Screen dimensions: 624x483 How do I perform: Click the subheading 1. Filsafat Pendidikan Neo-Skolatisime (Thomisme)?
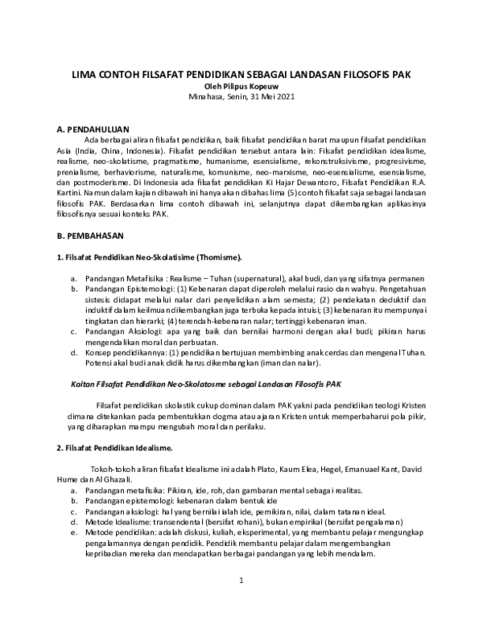pos(149,257)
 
